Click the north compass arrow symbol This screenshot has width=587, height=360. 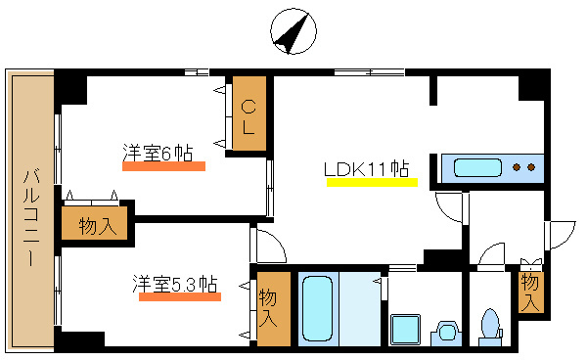point(291,31)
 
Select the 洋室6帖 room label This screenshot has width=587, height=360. point(157,153)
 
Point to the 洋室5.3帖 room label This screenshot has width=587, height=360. point(175,284)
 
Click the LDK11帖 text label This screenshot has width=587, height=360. point(367,168)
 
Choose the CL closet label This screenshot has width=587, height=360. point(248,115)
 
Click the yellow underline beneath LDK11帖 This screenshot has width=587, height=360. point(372,182)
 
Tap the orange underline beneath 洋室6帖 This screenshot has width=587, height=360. point(163,166)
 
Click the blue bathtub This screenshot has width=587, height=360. point(315,307)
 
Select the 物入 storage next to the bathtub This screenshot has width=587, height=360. point(269,307)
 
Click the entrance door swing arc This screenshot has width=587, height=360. point(560,235)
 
